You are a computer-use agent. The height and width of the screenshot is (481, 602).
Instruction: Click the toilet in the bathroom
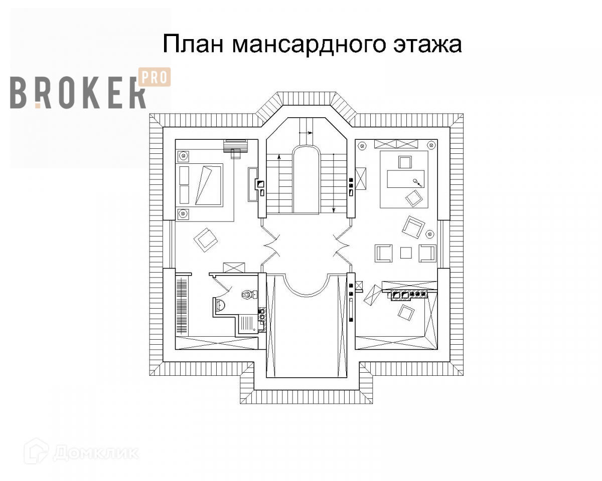pos(247,294)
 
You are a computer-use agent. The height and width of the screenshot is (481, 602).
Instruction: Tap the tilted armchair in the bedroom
pos(206,240)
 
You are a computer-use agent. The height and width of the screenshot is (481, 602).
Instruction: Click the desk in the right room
pos(405,179)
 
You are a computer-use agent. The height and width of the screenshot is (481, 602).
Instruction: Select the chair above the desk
pos(404,162)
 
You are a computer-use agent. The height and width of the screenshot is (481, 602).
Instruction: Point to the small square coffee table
pos(405,253)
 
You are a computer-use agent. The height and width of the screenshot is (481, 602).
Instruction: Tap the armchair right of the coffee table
pos(428,253)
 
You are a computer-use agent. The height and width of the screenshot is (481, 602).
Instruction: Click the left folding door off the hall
pos(271,245)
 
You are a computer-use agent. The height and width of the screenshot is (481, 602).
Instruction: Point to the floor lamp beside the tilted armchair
pos(430,233)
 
